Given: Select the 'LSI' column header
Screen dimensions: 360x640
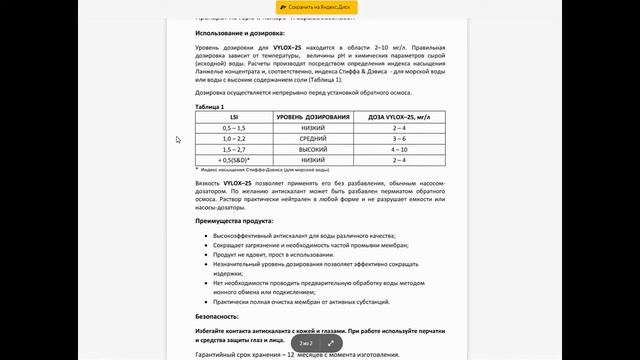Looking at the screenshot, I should (x=233, y=117).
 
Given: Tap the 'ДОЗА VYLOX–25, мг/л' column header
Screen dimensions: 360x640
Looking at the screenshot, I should (x=399, y=117).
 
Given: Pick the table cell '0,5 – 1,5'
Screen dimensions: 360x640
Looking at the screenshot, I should (x=233, y=128).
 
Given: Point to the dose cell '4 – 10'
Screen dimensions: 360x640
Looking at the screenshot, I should (x=399, y=149).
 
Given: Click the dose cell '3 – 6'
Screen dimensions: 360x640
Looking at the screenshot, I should (x=399, y=138).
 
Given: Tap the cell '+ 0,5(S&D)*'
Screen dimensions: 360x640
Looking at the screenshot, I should (x=233, y=160).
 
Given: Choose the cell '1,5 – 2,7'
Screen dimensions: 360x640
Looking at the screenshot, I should (x=233, y=149).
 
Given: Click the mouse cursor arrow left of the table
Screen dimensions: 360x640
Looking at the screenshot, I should (x=179, y=140).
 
